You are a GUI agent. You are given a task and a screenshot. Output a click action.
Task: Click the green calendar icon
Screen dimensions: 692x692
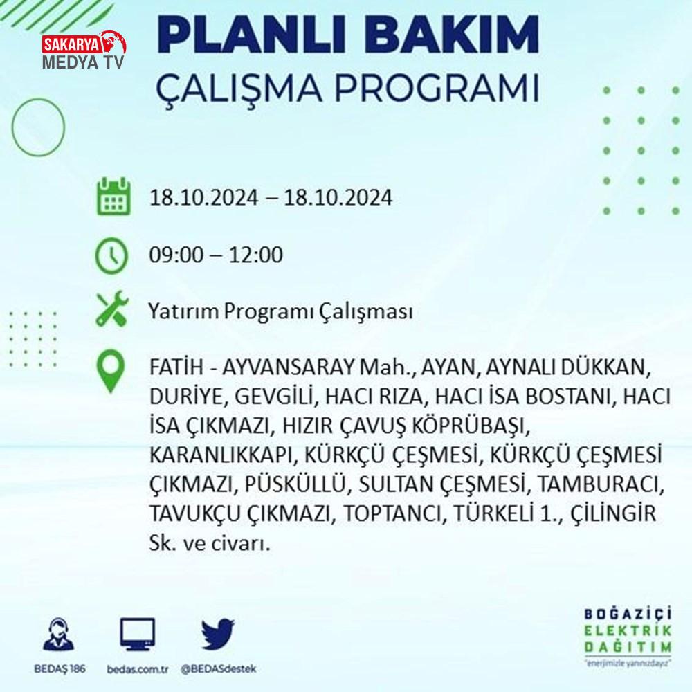(113, 196)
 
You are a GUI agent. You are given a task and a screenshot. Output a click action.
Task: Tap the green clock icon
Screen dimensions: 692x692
(111, 255)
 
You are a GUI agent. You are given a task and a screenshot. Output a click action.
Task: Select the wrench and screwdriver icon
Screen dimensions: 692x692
(113, 309)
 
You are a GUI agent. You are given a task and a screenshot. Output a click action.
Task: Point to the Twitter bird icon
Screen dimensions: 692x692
(217, 634)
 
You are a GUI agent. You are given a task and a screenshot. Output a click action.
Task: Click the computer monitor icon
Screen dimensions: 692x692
(138, 635)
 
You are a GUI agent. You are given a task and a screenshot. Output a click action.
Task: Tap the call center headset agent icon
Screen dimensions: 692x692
(59, 634)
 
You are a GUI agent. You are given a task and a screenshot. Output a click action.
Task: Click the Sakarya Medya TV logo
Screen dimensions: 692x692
(84, 51)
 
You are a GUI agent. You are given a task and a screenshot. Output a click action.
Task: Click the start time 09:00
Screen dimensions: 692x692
(176, 255)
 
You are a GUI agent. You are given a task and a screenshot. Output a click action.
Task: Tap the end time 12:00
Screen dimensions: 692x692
(255, 255)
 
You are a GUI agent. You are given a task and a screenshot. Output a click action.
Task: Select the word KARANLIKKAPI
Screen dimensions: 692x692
(221, 455)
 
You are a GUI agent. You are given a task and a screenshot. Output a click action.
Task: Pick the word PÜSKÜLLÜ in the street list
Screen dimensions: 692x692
(294, 484)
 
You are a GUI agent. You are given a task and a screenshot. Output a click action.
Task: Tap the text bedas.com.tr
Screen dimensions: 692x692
(138, 669)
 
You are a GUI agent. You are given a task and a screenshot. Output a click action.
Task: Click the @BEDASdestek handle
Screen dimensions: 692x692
(219, 669)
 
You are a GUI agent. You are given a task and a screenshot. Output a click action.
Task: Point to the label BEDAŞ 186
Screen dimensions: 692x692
(60, 668)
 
